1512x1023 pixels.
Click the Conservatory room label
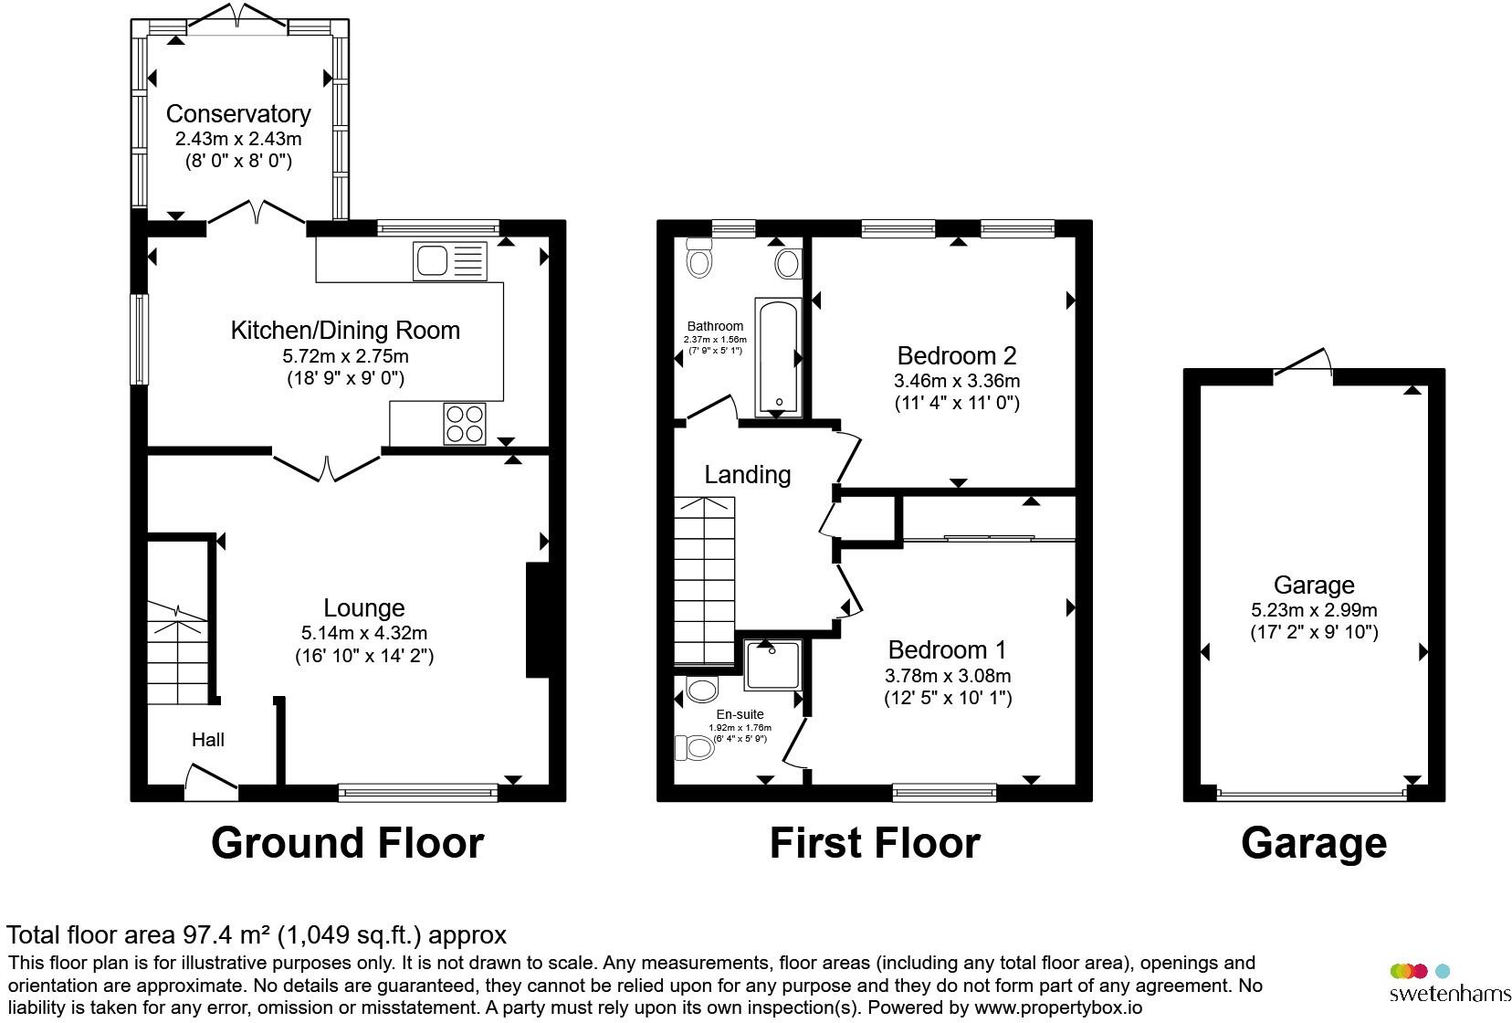coord(238,114)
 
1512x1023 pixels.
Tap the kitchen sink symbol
coord(449,260)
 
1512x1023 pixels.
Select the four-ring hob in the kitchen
coord(465,424)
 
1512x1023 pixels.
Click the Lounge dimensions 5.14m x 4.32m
coord(363,633)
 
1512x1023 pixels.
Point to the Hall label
coord(208,740)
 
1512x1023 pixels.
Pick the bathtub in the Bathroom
coord(778,356)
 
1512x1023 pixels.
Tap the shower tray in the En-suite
coord(772,665)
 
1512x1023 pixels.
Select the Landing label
coord(747,475)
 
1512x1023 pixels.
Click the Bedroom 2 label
coord(957,356)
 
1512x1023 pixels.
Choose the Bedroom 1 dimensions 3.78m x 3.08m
coord(948,676)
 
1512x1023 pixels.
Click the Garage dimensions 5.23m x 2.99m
coord(1314,610)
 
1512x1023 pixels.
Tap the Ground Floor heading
coord(348,843)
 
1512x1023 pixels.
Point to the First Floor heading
coord(875,843)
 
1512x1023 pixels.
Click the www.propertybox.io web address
coord(1058,1008)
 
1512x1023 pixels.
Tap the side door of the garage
coord(1303,363)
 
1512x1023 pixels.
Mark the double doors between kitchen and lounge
coord(327,465)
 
